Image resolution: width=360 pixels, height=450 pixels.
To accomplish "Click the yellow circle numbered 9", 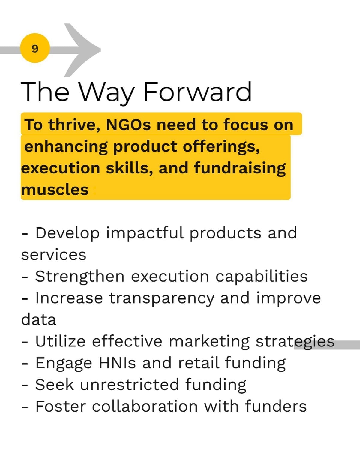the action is tap(35, 48).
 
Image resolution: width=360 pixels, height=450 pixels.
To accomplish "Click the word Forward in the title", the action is tap(197, 92).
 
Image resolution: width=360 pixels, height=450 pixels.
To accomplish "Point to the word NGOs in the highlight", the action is tap(128, 124).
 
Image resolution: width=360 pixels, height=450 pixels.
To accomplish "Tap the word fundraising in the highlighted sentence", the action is tap(240, 169).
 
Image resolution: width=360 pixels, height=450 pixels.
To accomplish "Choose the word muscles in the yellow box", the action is tap(55, 190).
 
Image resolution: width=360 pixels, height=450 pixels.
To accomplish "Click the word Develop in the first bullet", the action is tap(67, 234).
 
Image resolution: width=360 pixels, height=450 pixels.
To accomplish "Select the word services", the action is tap(54, 255).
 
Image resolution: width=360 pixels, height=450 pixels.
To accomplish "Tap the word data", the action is tap(39, 320).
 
